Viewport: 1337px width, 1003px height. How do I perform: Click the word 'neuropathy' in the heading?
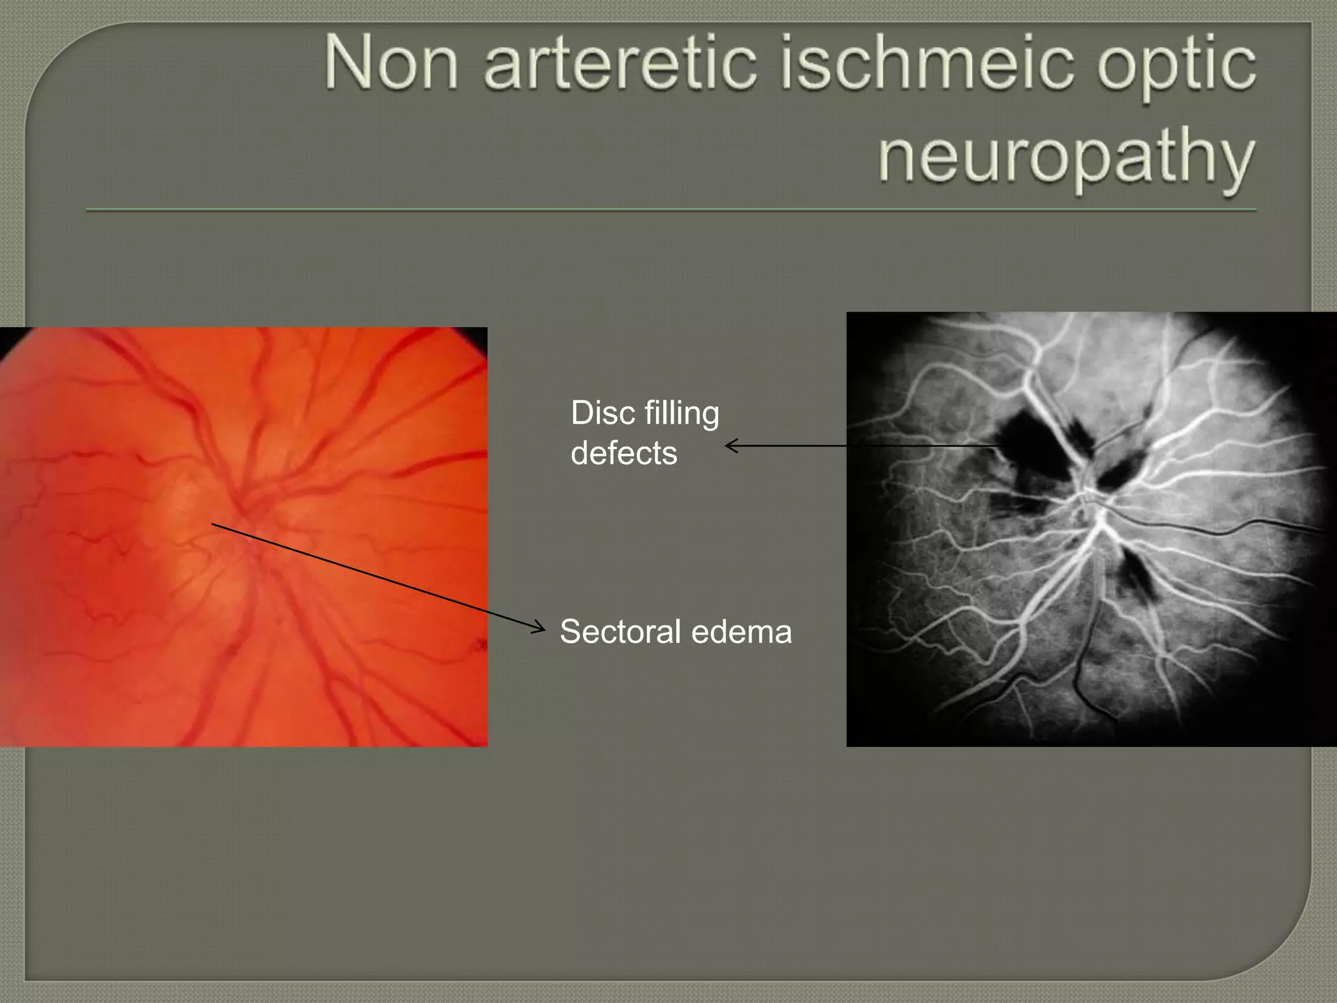coord(1065,160)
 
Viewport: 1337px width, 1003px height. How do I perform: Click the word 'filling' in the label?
coord(682,413)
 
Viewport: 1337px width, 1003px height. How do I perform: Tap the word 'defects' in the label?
coord(623,453)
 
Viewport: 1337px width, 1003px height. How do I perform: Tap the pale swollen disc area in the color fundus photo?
coord(189,516)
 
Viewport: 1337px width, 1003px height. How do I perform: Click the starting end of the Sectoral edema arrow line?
coord(213,524)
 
